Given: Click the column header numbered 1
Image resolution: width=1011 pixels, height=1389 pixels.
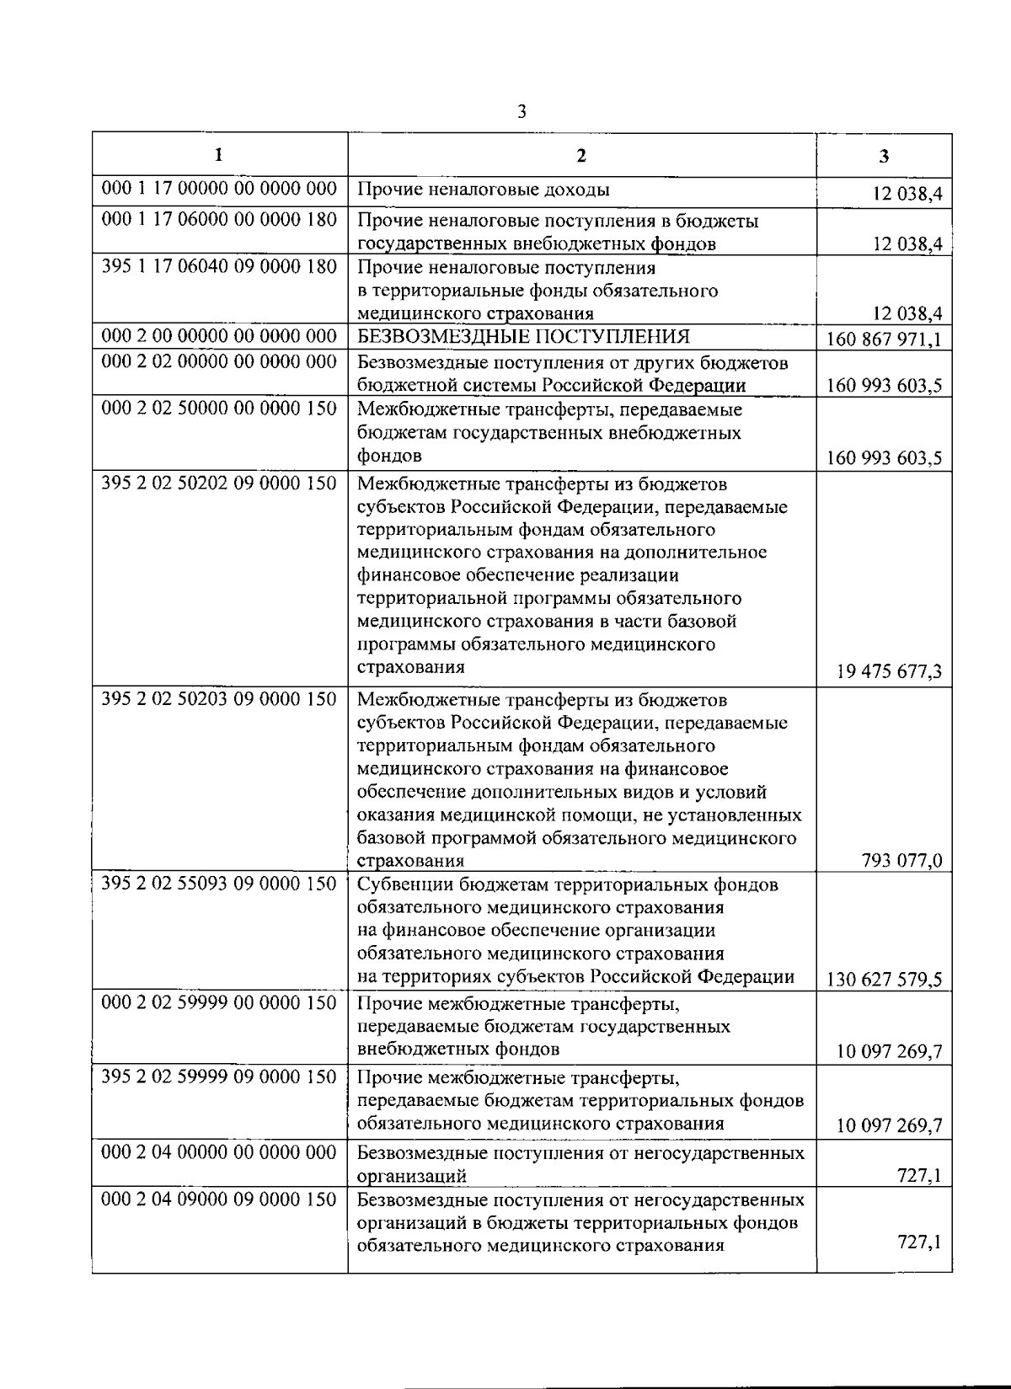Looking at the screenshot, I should (x=219, y=155).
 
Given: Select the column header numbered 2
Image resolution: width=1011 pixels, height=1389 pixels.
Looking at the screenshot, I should (x=581, y=155).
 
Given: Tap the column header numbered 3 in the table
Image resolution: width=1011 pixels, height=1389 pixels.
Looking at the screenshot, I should (x=883, y=156).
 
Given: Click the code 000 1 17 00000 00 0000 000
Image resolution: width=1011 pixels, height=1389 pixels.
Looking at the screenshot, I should (x=219, y=189).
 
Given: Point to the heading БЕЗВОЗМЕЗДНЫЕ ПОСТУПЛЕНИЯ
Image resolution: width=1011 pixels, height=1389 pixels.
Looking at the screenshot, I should (x=523, y=337).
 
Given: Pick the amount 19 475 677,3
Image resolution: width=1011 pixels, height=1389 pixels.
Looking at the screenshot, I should (x=889, y=672).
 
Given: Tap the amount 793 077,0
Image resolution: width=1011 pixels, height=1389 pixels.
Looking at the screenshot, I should (x=901, y=861).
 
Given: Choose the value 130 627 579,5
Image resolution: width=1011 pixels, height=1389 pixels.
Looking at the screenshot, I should (x=885, y=980).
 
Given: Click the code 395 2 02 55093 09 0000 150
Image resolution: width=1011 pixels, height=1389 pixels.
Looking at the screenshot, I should (x=219, y=884).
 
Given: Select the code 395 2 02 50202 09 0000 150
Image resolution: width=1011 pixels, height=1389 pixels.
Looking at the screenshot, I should (x=219, y=483).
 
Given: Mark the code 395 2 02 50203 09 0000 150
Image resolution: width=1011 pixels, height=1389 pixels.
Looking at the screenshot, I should (x=219, y=699).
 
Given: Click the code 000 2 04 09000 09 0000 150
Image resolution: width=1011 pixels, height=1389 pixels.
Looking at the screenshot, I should (x=219, y=1199).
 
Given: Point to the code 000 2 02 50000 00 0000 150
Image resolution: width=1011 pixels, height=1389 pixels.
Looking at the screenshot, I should (x=219, y=409).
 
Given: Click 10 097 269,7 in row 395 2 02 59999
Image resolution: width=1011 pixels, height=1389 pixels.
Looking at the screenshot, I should (x=889, y=1125).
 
